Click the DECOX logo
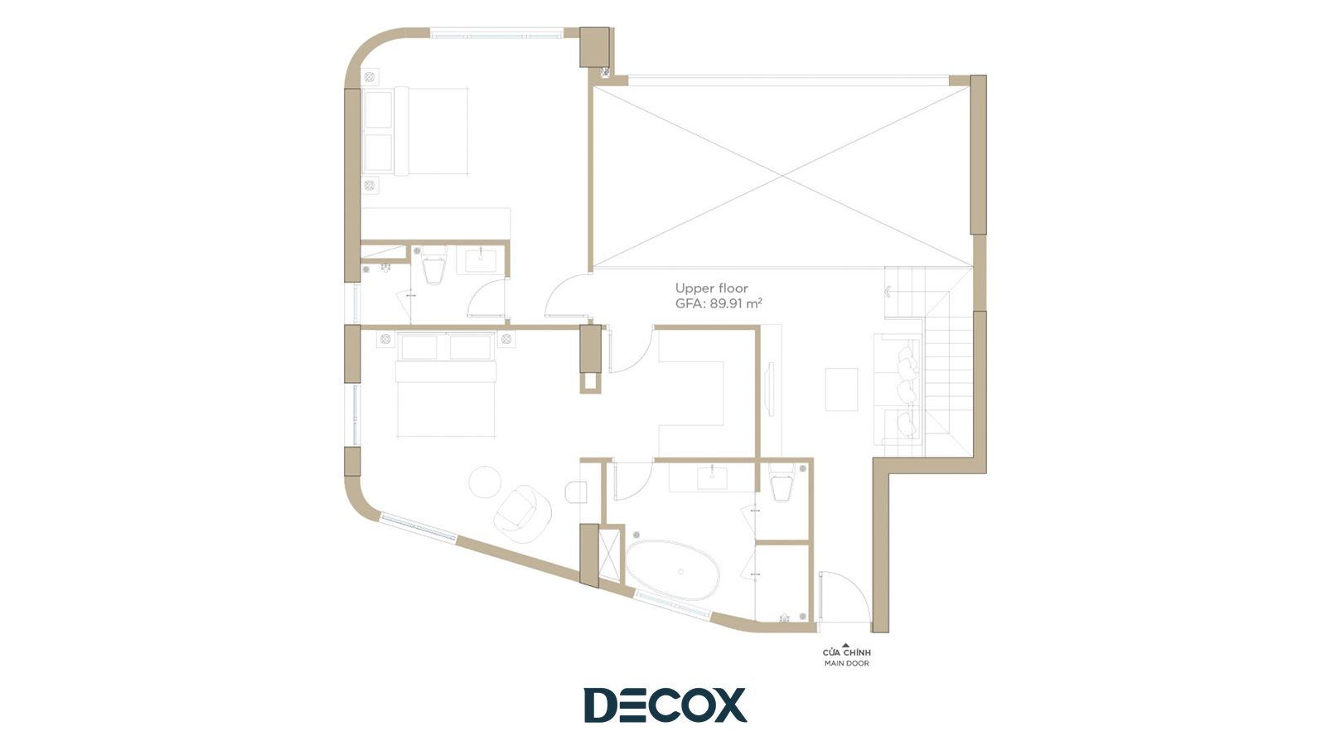[x=665, y=705]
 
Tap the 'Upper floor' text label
[x=712, y=288]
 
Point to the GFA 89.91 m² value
[x=719, y=304]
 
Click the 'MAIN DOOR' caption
[x=846, y=663]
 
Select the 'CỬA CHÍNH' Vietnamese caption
[x=846, y=652]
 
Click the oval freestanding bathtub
[x=672, y=570]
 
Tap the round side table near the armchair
[x=485, y=482]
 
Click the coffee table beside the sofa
[x=842, y=389]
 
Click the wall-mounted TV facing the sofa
[x=770, y=385]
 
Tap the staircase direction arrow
[x=888, y=291]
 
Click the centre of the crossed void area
[x=782, y=176]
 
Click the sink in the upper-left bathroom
[x=481, y=260]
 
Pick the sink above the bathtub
[x=712, y=477]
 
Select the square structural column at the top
[x=593, y=46]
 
